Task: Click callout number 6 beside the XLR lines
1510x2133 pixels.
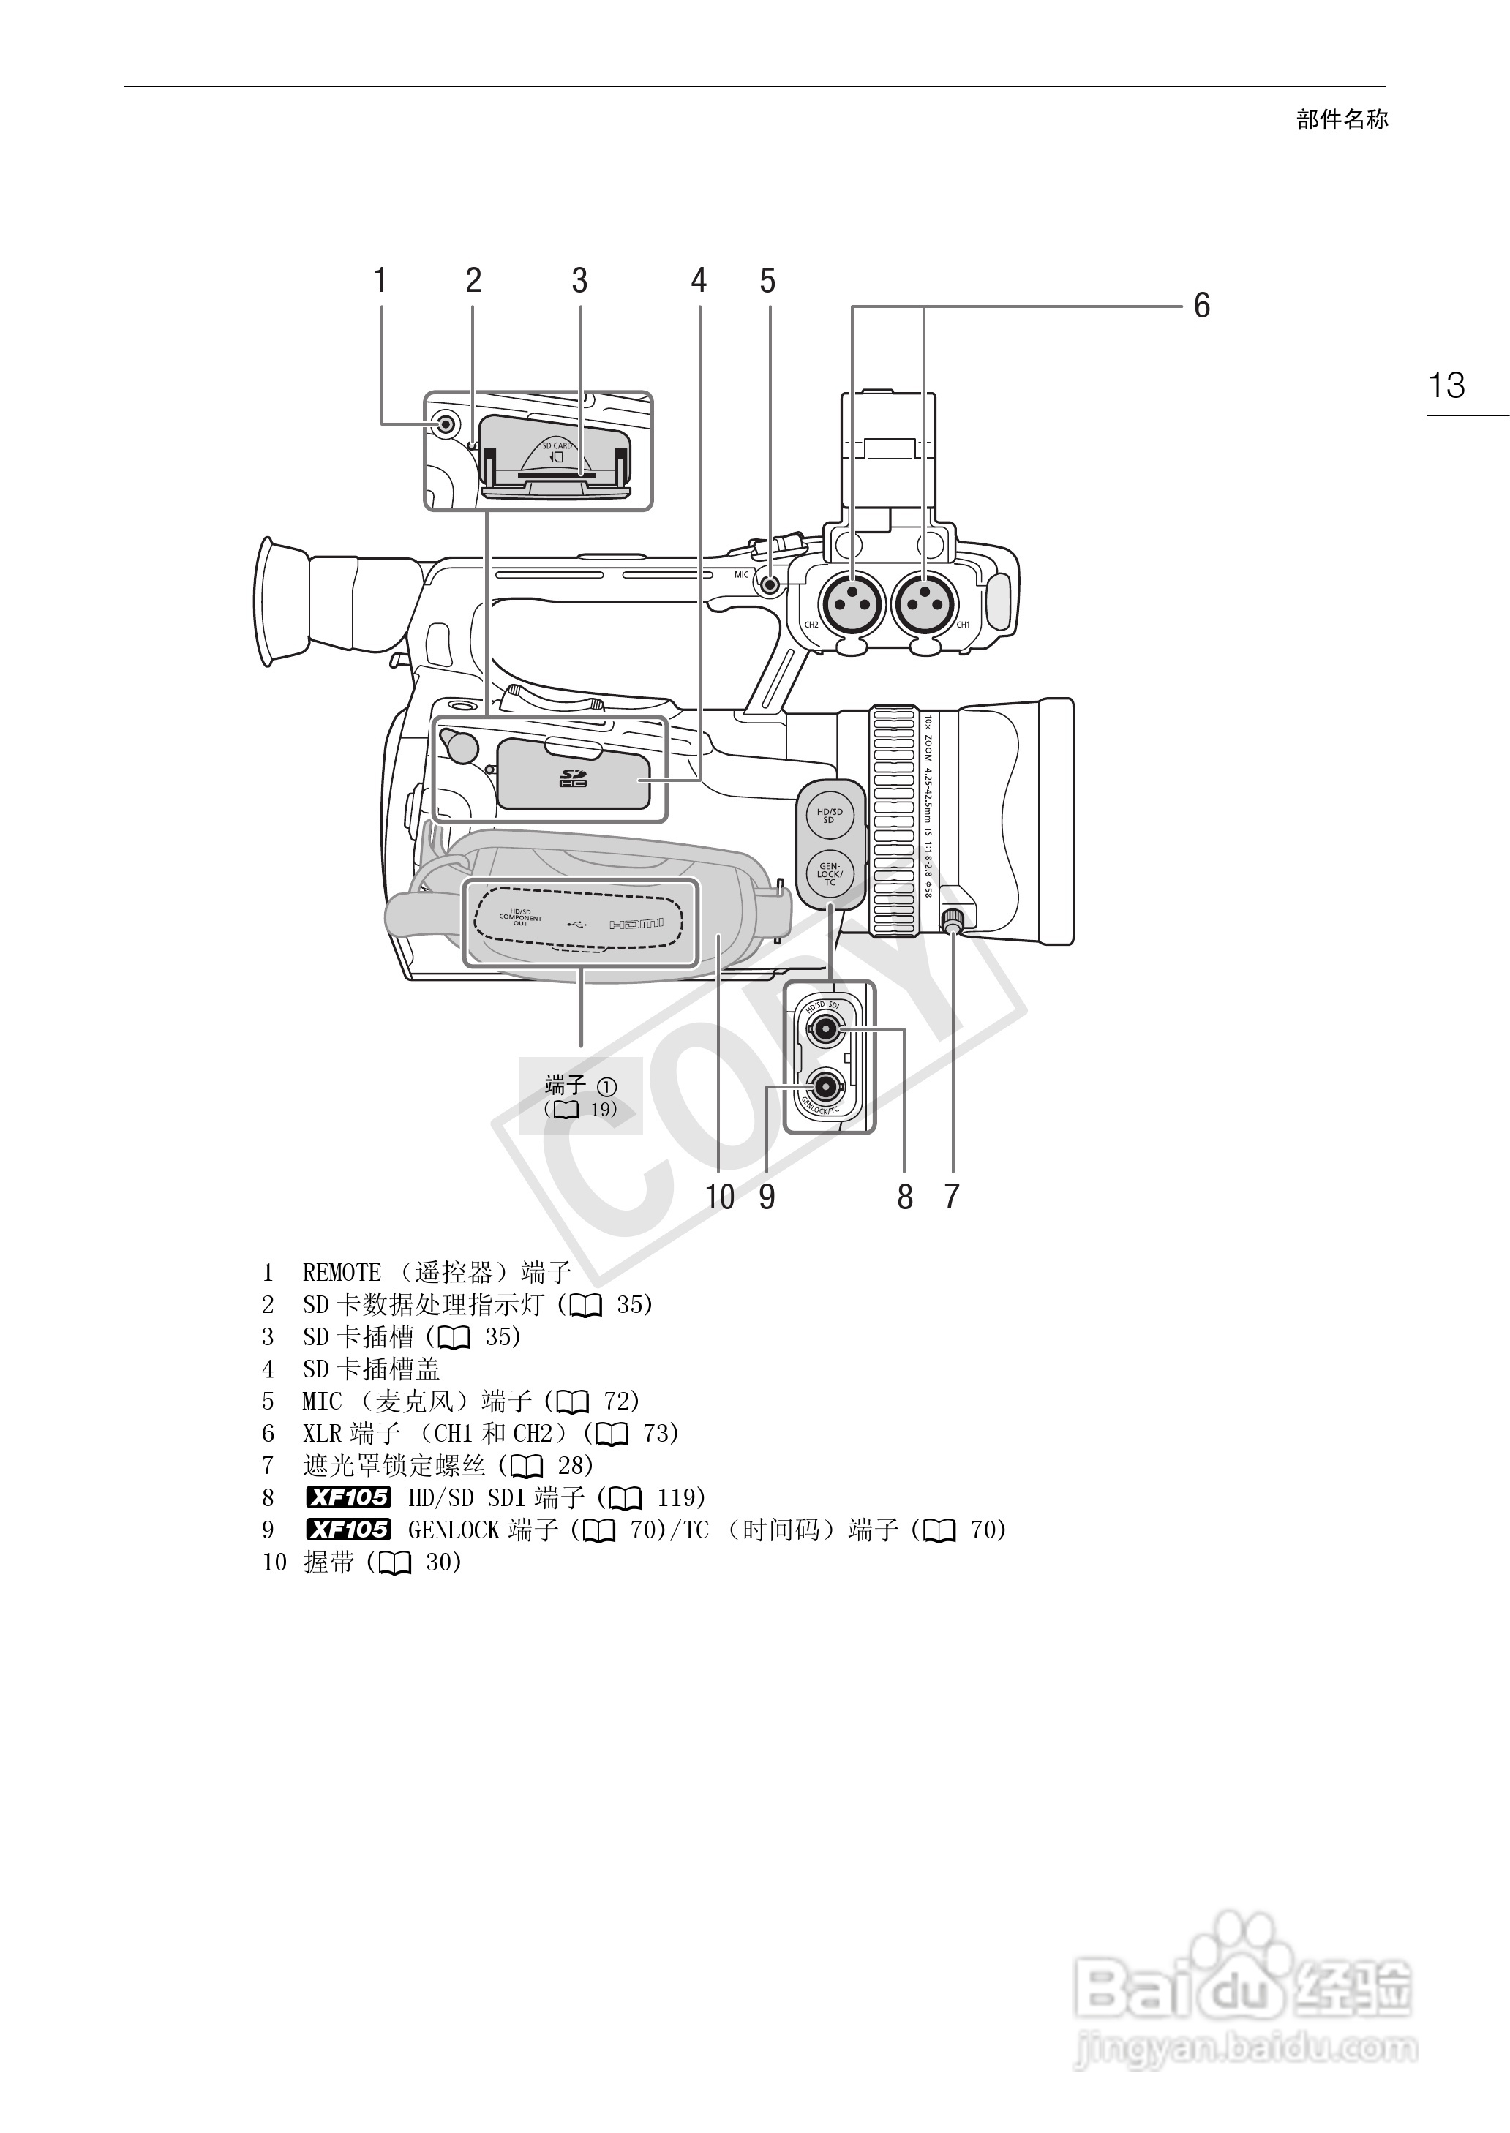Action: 1201,305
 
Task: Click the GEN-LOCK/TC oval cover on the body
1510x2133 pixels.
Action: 830,873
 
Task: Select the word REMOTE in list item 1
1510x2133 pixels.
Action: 341,1272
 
